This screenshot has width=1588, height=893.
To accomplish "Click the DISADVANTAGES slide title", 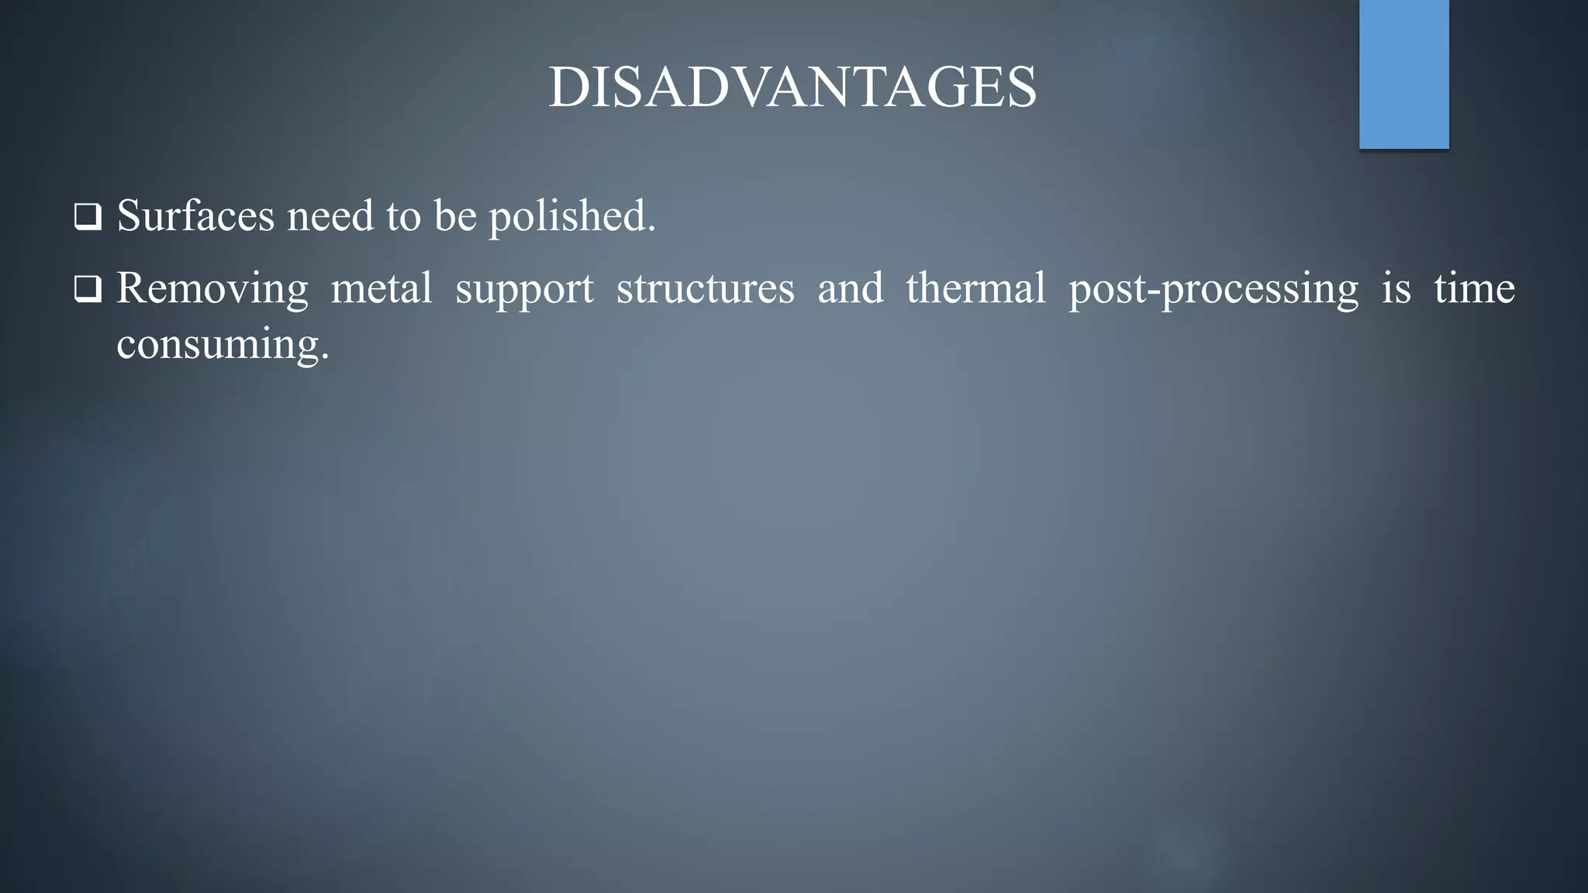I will tap(792, 87).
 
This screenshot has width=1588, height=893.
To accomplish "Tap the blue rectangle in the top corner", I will tap(1403, 74).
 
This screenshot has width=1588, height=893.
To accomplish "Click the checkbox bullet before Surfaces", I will tap(88, 217).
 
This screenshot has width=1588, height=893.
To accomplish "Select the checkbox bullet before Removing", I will tap(88, 290).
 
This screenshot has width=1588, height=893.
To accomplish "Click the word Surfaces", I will tap(195, 215).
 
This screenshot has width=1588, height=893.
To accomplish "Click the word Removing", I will tap(212, 289).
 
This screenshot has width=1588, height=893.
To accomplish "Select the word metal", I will tap(381, 288).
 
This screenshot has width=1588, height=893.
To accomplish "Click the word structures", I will tap(705, 289).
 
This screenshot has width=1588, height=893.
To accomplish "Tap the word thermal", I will tap(975, 288).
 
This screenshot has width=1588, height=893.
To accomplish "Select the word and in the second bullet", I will tap(850, 288).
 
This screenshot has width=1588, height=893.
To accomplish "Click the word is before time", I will tap(1396, 288).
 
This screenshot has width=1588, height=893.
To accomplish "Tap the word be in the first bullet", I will tap(455, 215).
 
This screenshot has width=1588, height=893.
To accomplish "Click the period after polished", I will tap(651, 229).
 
